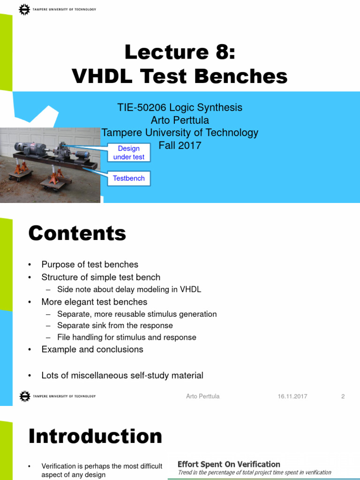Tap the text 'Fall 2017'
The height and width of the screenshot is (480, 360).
[x=180, y=145]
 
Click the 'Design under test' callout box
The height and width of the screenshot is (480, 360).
[x=129, y=153]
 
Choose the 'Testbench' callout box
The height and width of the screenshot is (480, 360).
[x=129, y=178]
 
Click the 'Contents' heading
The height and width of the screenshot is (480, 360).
[x=77, y=233]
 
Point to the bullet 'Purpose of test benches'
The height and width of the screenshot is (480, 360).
[x=90, y=264]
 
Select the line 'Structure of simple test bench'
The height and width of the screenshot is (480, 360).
[x=101, y=277]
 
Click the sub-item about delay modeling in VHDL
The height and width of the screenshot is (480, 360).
[x=129, y=289]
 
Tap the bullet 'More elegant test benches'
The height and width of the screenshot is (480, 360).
[x=94, y=302]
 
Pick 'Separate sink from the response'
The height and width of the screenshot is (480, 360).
[x=115, y=325]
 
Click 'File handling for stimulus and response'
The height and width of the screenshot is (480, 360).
[x=127, y=337]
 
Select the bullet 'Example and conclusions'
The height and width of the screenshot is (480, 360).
[x=92, y=349]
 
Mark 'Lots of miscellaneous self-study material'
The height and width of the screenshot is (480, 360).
[x=122, y=375]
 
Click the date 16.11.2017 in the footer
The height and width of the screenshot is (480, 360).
[x=292, y=396]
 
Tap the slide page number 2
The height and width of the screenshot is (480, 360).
[x=343, y=396]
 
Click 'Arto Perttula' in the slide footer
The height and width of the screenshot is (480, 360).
[x=202, y=396]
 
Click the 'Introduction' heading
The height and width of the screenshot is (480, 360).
[x=95, y=436]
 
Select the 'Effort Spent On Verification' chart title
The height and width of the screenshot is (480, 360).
[x=229, y=464]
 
